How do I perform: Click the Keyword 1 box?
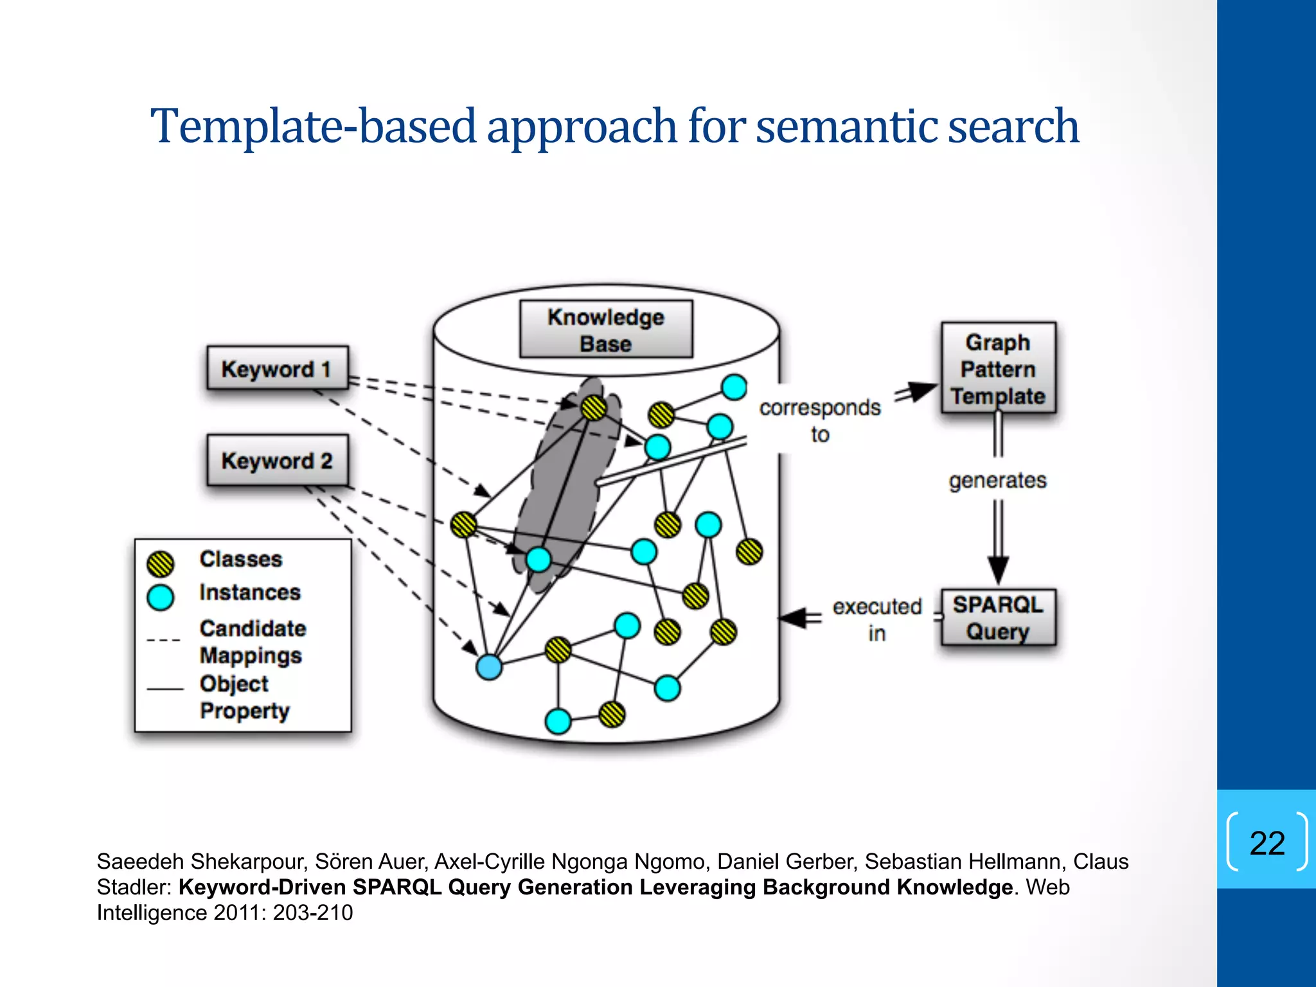coord(277,369)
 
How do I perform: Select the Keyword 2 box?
coord(277,460)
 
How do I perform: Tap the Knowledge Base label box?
coord(605,330)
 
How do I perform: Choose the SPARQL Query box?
coord(998,618)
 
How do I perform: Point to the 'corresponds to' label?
coord(819,420)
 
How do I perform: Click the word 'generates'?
coord(997,480)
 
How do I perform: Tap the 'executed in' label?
coord(876,619)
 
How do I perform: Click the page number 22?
coord(1267,842)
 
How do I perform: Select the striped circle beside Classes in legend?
coord(160,564)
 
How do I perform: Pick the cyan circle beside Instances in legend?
coord(160,597)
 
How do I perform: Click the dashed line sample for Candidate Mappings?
coord(163,640)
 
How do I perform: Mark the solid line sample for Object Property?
coord(165,689)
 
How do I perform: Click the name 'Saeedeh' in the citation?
coord(139,861)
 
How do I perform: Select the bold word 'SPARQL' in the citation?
coord(396,887)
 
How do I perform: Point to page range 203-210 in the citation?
coord(313,912)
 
